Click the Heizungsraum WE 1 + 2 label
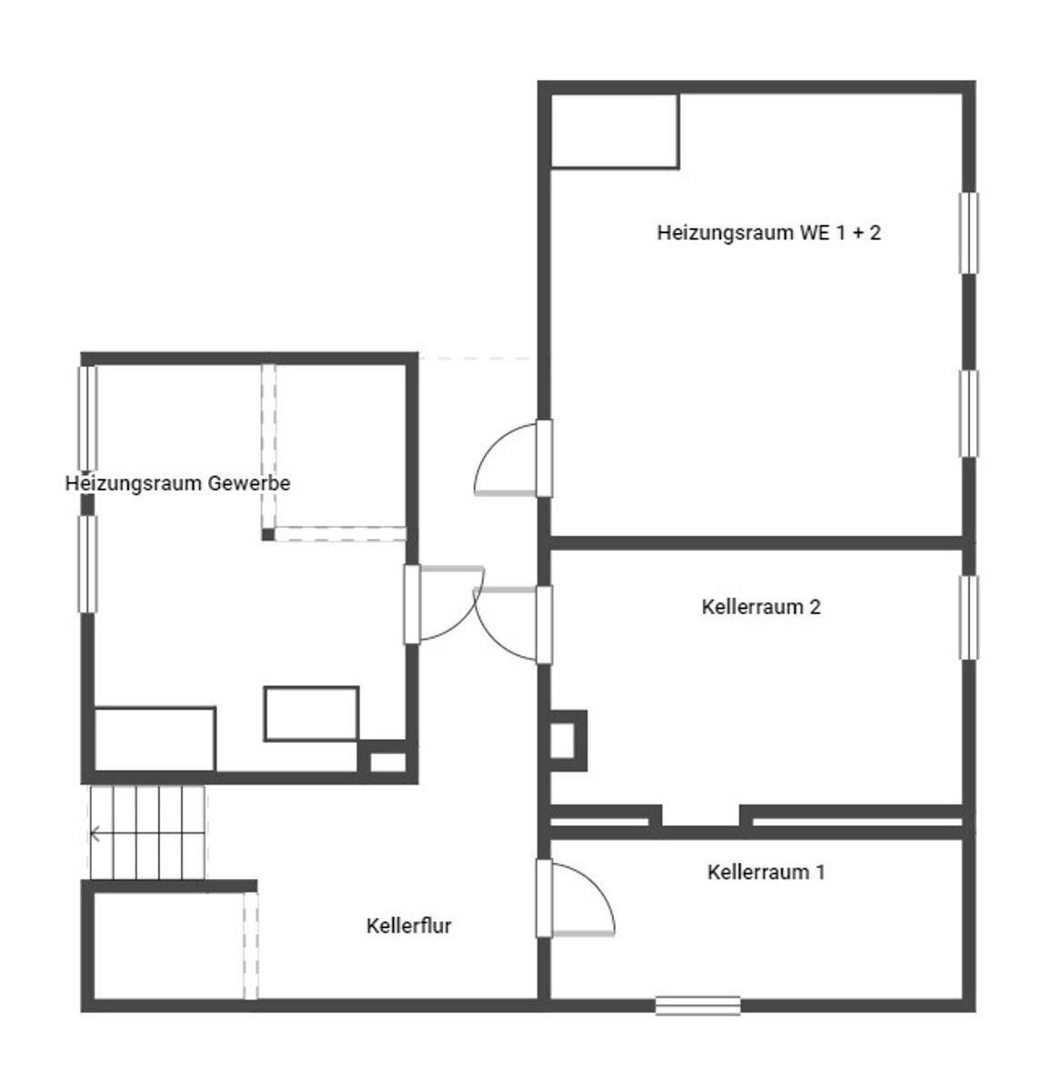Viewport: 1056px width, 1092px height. (x=769, y=232)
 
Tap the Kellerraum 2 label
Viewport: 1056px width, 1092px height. (x=760, y=607)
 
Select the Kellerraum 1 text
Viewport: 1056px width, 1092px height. (x=766, y=872)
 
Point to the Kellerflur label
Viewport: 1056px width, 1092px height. (x=408, y=925)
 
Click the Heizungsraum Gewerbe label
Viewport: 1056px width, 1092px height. (x=177, y=483)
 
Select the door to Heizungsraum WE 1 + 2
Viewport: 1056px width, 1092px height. (x=513, y=458)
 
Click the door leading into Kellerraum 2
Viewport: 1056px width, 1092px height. (x=513, y=624)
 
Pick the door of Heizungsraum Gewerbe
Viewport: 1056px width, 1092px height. (x=444, y=604)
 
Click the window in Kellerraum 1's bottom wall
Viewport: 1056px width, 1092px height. (x=698, y=1005)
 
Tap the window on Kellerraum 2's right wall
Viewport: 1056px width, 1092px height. (x=969, y=617)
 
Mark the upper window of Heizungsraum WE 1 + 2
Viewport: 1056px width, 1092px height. (x=969, y=233)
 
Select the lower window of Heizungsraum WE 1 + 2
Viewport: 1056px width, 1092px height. (x=969, y=413)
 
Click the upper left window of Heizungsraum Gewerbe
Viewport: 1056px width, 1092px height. (x=87, y=418)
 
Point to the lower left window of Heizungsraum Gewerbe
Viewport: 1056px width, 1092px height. (x=87, y=564)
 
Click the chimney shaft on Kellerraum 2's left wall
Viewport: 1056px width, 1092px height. (x=568, y=740)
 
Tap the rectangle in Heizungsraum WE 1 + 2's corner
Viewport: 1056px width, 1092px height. (x=615, y=131)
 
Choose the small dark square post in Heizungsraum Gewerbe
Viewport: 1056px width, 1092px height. (x=268, y=533)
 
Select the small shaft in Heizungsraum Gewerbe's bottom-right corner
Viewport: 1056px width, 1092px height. (x=387, y=762)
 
